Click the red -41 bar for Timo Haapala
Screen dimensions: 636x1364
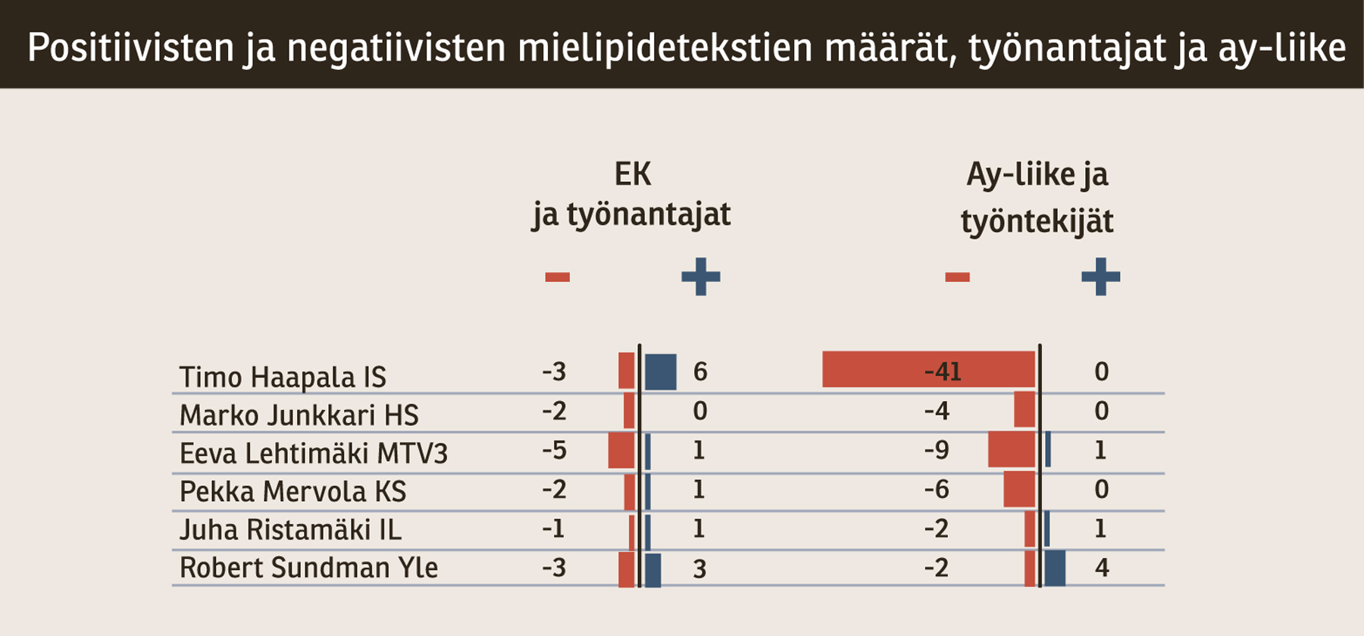928,369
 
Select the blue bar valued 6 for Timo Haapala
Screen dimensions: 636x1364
661,372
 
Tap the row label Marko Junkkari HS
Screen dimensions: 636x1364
299,415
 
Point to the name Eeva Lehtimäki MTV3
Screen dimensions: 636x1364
313,453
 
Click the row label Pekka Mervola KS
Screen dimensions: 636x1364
293,491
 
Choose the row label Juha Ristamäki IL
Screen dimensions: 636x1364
290,529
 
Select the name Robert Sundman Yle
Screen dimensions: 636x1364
308,568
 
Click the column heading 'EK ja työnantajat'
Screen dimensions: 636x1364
631,194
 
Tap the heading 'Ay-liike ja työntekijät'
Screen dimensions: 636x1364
1037,197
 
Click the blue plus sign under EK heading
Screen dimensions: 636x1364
700,277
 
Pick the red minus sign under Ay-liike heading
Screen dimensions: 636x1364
957,277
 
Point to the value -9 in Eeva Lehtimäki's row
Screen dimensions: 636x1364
937,450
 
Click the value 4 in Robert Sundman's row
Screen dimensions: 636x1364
1102,568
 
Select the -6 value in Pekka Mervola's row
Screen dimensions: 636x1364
937,490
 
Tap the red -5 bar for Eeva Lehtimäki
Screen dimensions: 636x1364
621,450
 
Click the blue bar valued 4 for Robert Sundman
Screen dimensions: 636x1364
1055,569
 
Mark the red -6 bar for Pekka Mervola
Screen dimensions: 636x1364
1019,490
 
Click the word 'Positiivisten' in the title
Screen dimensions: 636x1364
131,47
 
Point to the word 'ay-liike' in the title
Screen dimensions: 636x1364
1281,47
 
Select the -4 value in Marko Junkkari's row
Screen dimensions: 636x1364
937,411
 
